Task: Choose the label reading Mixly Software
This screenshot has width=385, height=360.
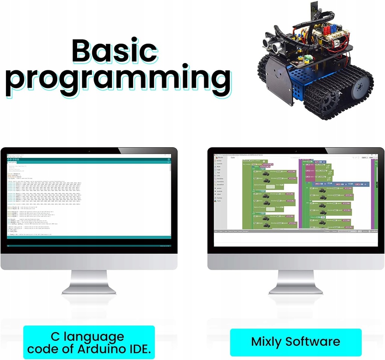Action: click(296, 342)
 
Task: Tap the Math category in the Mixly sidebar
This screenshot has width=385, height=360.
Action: click(219, 167)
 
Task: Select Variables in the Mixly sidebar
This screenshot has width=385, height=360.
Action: click(220, 178)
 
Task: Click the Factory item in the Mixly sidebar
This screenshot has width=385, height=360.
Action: click(219, 198)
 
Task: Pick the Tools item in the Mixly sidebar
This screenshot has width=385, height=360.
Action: click(218, 201)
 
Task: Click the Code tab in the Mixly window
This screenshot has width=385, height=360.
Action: click(233, 157)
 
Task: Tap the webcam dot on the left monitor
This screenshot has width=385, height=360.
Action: click(89, 151)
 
